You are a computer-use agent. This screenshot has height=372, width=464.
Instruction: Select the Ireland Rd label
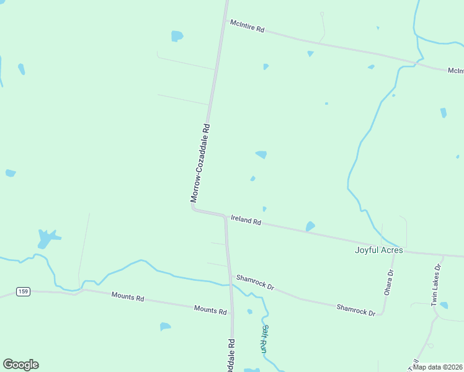pyautogui.click(x=246, y=219)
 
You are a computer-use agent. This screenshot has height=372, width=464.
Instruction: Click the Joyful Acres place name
pyautogui.click(x=378, y=250)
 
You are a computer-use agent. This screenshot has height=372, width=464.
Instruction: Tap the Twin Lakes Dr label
pyautogui.click(x=436, y=285)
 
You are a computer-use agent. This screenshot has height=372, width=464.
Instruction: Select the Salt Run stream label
pyautogui.click(x=265, y=339)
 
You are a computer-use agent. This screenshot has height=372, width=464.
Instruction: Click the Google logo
pyautogui.click(x=20, y=365)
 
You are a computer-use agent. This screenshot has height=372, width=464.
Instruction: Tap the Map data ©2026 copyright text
pyautogui.click(x=437, y=367)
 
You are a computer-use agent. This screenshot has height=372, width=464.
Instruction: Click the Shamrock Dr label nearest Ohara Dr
pyautogui.click(x=356, y=309)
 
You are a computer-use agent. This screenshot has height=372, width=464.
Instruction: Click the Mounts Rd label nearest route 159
pyautogui.click(x=128, y=297)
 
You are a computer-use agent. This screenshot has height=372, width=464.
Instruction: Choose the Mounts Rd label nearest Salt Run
pyautogui.click(x=210, y=309)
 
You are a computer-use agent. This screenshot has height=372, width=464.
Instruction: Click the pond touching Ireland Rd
pyautogui.click(x=310, y=226)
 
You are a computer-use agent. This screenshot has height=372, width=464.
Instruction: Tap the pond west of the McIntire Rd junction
pyautogui.click(x=177, y=36)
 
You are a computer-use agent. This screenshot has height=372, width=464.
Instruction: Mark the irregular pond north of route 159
pyautogui.click(x=47, y=237)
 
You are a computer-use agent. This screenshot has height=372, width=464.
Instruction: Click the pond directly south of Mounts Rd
pyautogui.click(x=165, y=326)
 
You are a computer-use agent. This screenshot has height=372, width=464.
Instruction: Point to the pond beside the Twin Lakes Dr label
pyautogui.click(x=444, y=305)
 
